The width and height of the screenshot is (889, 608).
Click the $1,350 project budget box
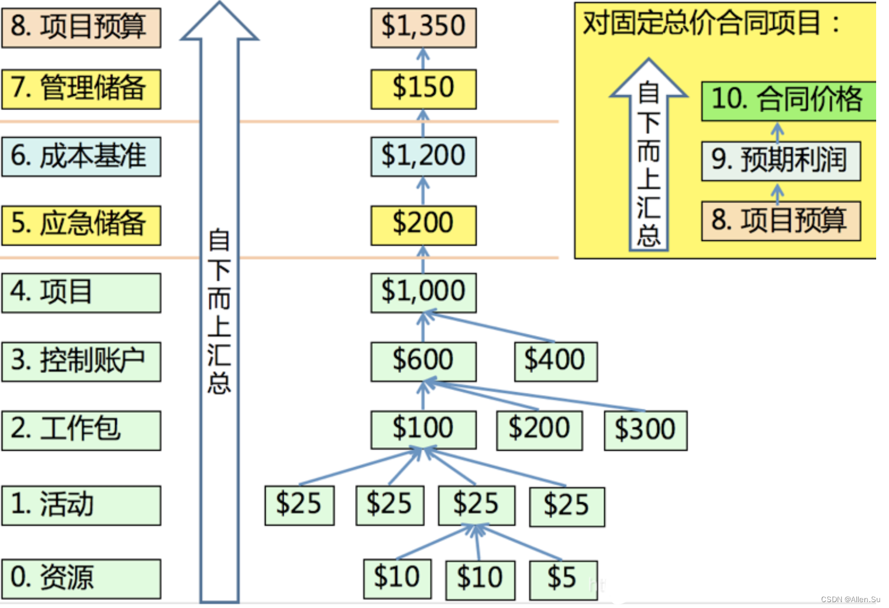coord(423,27)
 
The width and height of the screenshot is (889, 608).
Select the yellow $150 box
coord(423,89)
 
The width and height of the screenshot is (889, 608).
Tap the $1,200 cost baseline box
coord(423,156)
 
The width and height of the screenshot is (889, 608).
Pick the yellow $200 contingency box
coord(423,224)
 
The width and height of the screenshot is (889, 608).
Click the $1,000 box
coord(423,292)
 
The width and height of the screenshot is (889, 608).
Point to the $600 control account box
coord(423,361)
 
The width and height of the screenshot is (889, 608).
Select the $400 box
coord(555,361)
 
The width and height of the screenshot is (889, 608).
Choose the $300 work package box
coord(645,430)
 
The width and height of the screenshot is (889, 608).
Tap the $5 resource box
coord(563,579)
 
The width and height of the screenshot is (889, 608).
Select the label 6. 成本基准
coord(81,156)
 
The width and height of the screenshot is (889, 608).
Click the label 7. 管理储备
coord(81,89)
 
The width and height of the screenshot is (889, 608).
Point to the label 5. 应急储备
coord(81,224)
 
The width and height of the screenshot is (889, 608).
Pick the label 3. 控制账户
coord(81,361)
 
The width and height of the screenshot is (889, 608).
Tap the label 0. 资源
coord(81,578)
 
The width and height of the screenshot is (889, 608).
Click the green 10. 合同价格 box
coord(788,101)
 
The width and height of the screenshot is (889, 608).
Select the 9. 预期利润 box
coord(780,161)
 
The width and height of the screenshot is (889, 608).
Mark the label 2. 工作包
coord(81,430)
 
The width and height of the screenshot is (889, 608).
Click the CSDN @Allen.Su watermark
coord(850,599)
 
